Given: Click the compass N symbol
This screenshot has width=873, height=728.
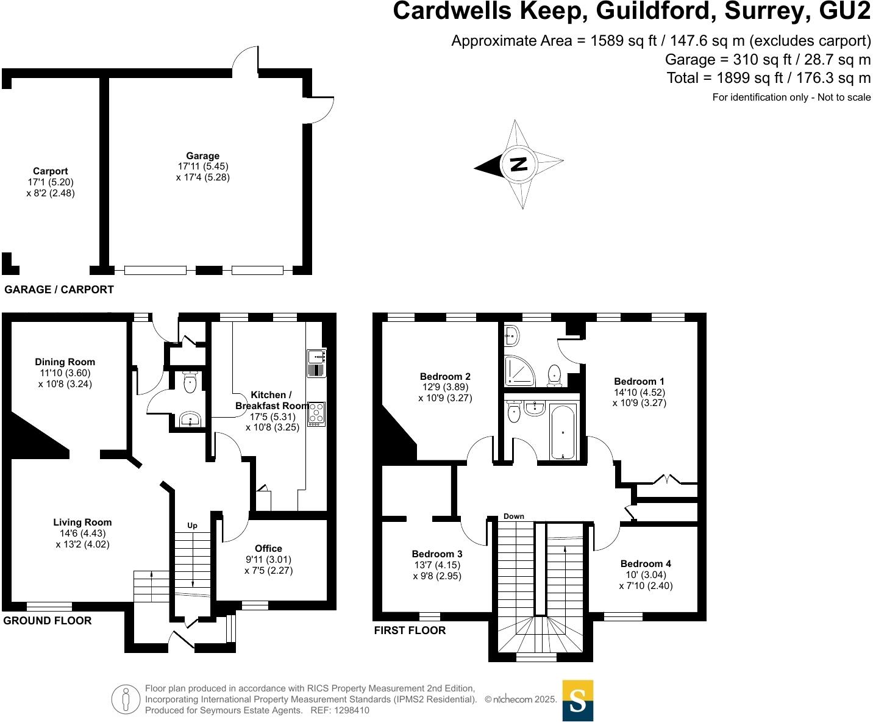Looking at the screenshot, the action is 518,165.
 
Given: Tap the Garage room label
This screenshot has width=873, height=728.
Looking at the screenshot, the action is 202,156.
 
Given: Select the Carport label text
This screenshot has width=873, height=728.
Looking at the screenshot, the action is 51,171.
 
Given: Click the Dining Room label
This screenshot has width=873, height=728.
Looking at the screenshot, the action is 65,362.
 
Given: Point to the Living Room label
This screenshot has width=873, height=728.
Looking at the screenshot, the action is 82,523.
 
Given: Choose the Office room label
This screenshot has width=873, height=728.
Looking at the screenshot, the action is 268,549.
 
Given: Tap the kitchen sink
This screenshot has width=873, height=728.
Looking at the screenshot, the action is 316,363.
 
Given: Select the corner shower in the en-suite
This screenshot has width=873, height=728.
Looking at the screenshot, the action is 518,371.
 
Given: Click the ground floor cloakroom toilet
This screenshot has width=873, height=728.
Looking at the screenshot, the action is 190,383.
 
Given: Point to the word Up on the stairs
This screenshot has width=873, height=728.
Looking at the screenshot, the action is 192,526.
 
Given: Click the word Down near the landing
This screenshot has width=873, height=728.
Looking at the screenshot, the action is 514,516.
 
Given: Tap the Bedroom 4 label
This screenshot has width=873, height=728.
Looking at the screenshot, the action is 646,564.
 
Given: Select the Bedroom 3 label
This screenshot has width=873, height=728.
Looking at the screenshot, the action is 437,554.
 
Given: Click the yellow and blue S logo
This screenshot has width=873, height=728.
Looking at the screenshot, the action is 577,701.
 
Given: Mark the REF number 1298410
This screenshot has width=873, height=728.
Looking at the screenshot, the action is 348,710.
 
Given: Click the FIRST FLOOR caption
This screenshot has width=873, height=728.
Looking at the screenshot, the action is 410,630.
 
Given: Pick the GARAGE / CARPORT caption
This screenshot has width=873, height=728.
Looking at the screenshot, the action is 59,290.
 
